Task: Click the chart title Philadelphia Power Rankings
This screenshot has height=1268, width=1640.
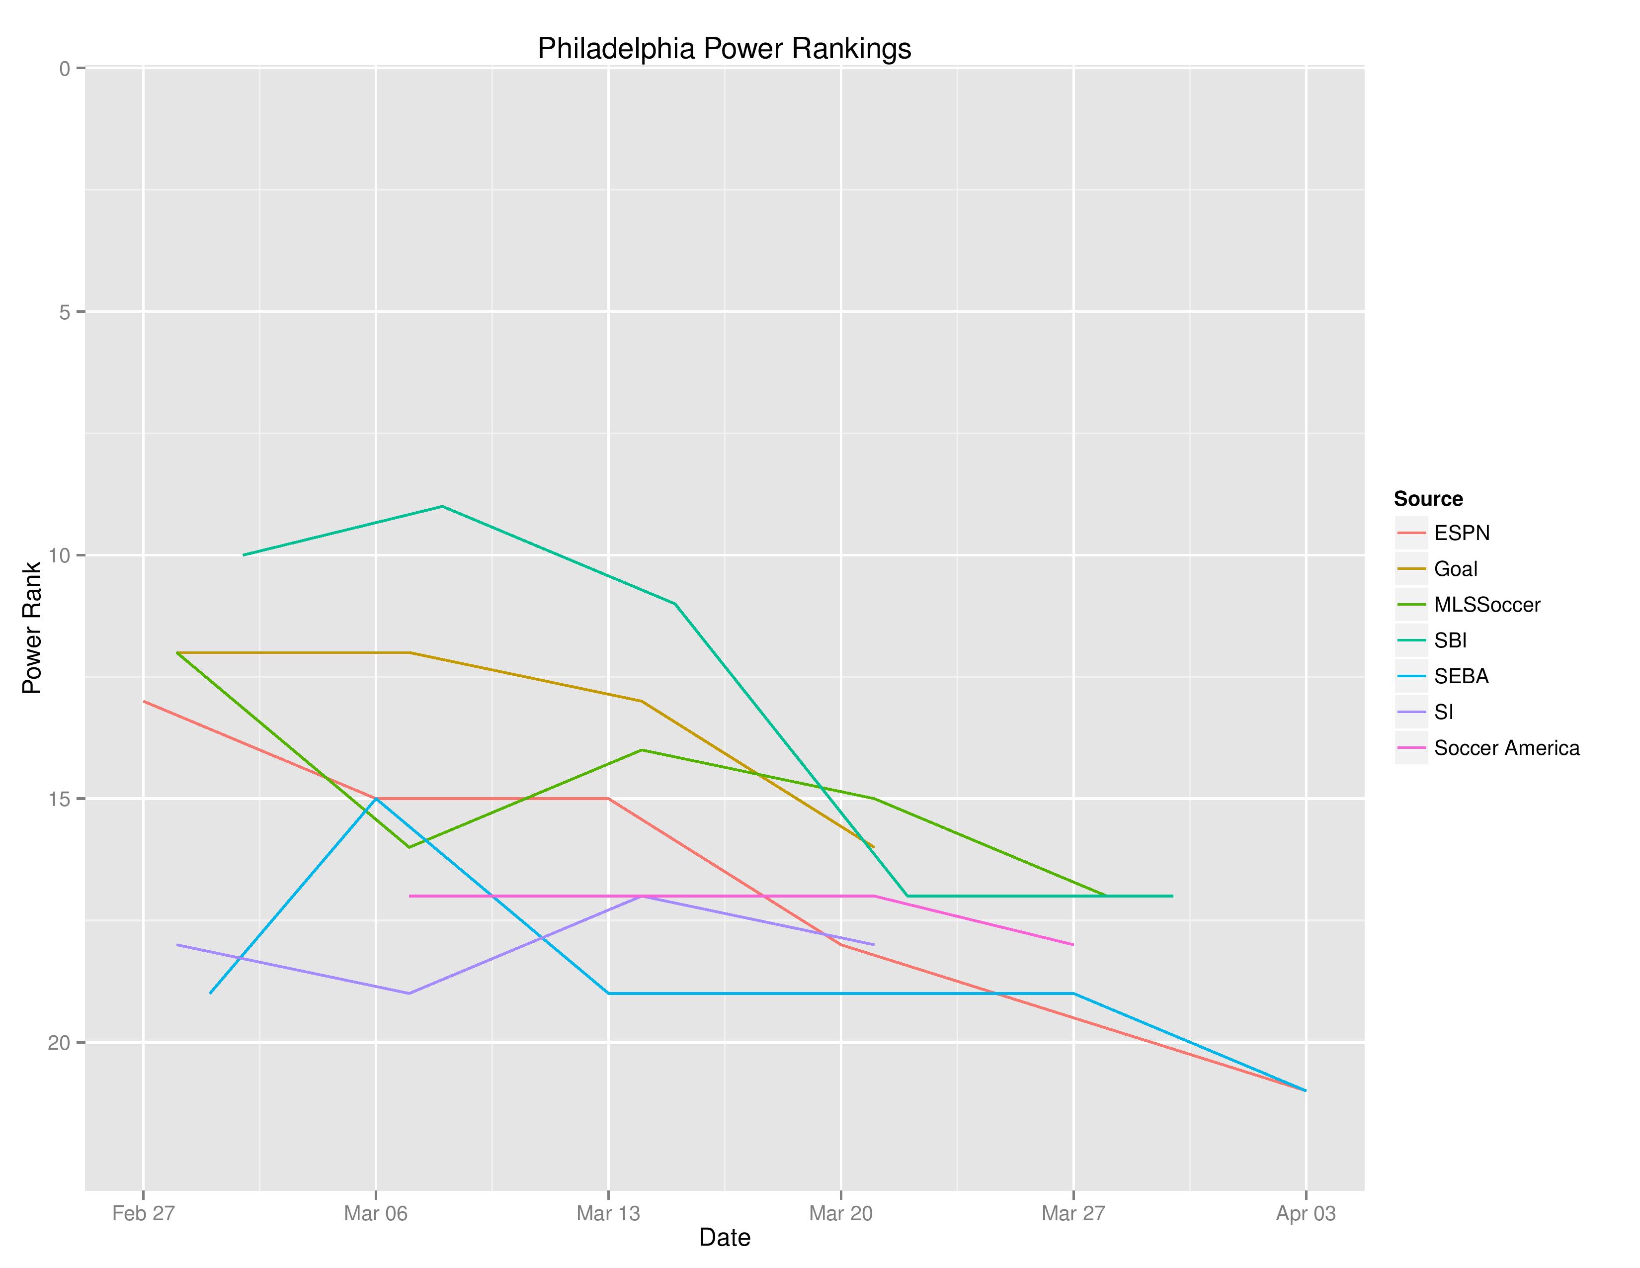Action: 724,49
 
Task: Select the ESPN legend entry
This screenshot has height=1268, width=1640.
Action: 1461,534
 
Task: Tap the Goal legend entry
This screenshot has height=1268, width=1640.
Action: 1455,569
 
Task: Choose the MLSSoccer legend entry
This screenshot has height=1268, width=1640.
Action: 1486,605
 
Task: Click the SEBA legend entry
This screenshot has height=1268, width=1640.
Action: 1461,677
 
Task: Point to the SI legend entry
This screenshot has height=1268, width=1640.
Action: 1443,712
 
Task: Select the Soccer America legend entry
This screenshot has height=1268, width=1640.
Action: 1506,748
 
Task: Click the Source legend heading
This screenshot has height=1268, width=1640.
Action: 1427,499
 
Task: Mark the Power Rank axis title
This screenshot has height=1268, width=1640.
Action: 31,628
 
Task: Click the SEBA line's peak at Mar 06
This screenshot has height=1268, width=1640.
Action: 376,799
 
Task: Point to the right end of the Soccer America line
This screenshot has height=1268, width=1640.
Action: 1073,945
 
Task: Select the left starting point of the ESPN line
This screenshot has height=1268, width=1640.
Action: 144,701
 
